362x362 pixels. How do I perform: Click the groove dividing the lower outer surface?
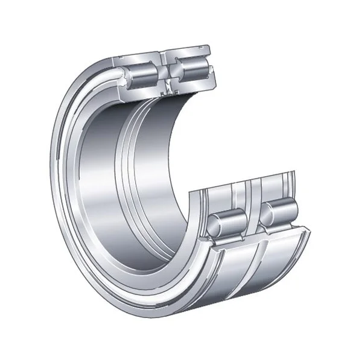point(257,265)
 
